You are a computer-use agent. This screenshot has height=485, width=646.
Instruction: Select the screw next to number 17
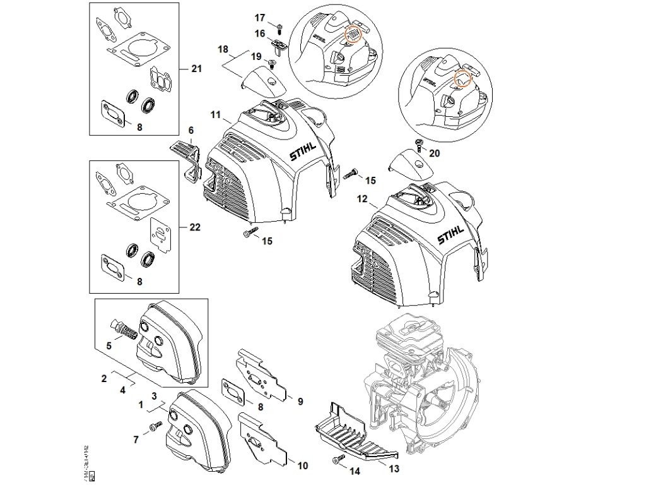(x=279, y=26)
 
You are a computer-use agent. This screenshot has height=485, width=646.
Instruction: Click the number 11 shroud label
(x=215, y=115)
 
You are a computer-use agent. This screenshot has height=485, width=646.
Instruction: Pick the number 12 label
(x=361, y=198)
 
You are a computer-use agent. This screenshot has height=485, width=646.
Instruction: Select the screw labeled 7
(x=154, y=429)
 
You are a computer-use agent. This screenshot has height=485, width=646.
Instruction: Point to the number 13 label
(x=394, y=468)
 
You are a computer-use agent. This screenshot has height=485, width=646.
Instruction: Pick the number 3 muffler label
(x=153, y=397)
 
